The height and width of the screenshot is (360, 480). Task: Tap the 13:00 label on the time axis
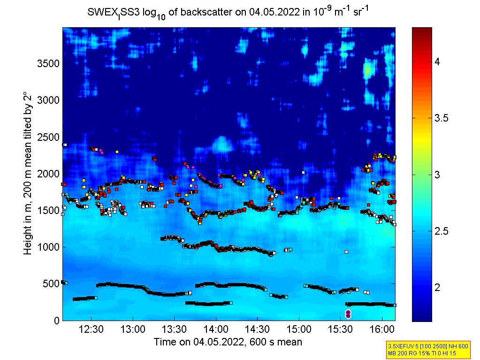[x=133, y=329]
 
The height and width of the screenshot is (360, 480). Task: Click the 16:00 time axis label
[x=381, y=329]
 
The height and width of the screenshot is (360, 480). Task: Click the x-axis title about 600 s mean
[x=228, y=342]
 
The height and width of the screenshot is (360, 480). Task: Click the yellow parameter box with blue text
[x=427, y=349]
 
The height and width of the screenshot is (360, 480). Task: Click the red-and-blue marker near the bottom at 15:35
[x=348, y=314]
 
